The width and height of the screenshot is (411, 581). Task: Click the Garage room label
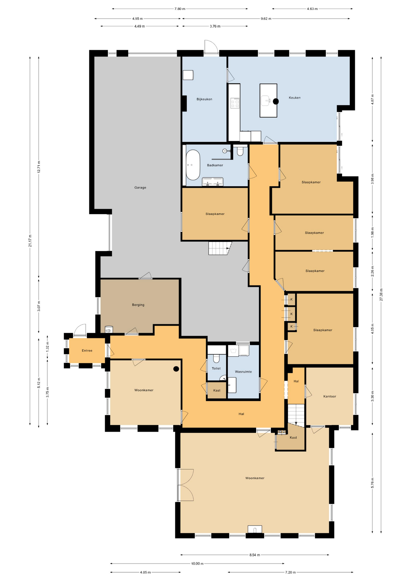(x=140, y=188)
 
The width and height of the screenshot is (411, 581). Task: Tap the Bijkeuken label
(x=204, y=99)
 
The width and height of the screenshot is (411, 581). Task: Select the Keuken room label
(x=294, y=98)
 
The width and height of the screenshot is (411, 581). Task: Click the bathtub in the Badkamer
(x=193, y=165)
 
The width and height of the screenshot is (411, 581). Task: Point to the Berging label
(x=138, y=305)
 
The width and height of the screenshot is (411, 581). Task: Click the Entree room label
(x=87, y=350)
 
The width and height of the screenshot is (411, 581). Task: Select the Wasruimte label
(x=243, y=372)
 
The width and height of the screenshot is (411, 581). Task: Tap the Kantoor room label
(x=330, y=396)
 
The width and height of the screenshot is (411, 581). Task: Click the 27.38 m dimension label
(x=381, y=294)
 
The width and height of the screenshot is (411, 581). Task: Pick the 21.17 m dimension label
(x=30, y=241)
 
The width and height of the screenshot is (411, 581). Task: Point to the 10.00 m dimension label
(x=197, y=563)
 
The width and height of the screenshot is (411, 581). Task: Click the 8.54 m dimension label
(x=255, y=555)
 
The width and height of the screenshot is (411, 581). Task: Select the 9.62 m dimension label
(x=266, y=18)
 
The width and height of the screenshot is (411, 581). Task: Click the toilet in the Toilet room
(x=216, y=358)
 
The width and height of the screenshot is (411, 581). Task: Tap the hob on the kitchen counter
(x=235, y=103)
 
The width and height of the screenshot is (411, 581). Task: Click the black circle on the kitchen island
(x=276, y=101)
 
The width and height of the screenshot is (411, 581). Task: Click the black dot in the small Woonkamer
(x=176, y=369)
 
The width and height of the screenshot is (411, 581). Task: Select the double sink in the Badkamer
(x=213, y=181)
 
